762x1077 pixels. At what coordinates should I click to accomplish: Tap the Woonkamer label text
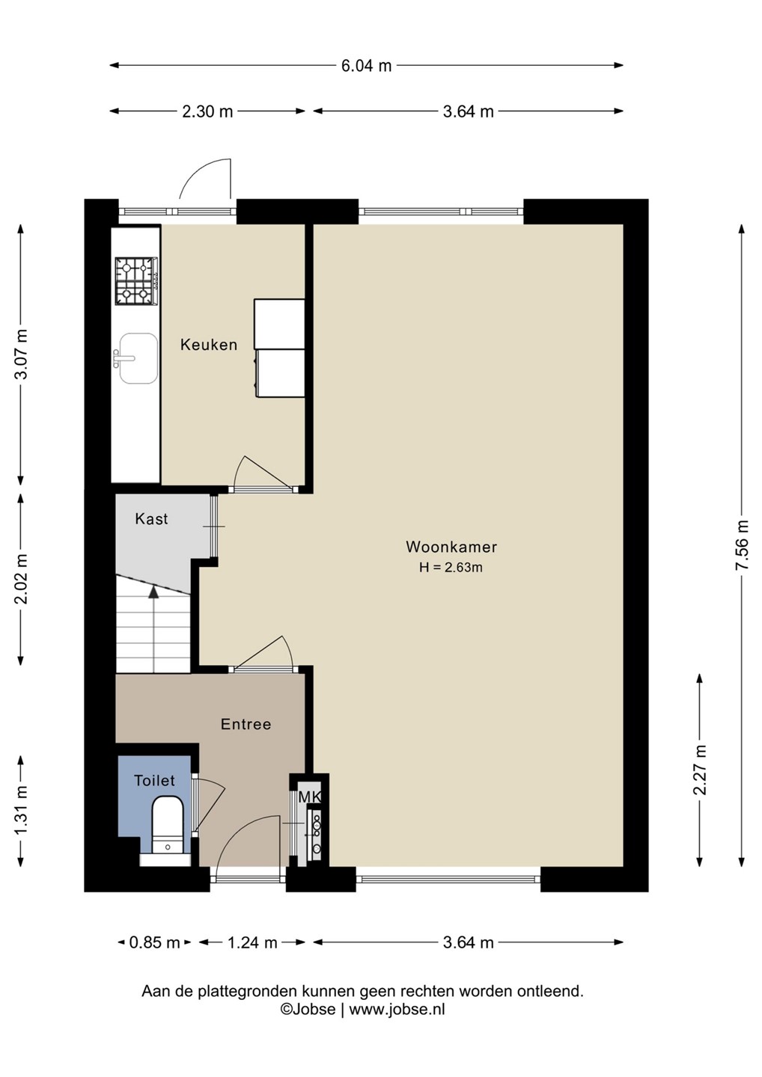coord(451,547)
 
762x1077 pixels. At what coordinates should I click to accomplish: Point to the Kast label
coord(151,519)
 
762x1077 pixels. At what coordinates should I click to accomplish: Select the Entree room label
coord(246,724)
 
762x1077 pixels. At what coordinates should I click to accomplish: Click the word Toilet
coord(154,780)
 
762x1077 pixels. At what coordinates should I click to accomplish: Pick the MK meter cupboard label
coord(309,797)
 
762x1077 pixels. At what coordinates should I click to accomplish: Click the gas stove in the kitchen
coord(137,280)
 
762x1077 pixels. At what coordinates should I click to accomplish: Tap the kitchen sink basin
coord(138,358)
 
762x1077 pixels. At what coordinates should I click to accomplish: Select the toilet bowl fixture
coord(168,824)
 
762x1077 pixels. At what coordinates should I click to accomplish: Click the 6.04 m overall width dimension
coord(367,65)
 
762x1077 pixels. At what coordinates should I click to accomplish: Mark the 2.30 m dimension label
coord(207,111)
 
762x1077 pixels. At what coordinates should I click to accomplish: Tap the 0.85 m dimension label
coord(154,943)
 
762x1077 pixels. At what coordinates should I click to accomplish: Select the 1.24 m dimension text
coord(252,943)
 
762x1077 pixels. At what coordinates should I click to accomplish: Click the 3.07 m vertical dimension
coord(21,355)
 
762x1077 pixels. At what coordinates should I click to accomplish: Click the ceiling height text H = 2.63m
coord(451,568)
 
